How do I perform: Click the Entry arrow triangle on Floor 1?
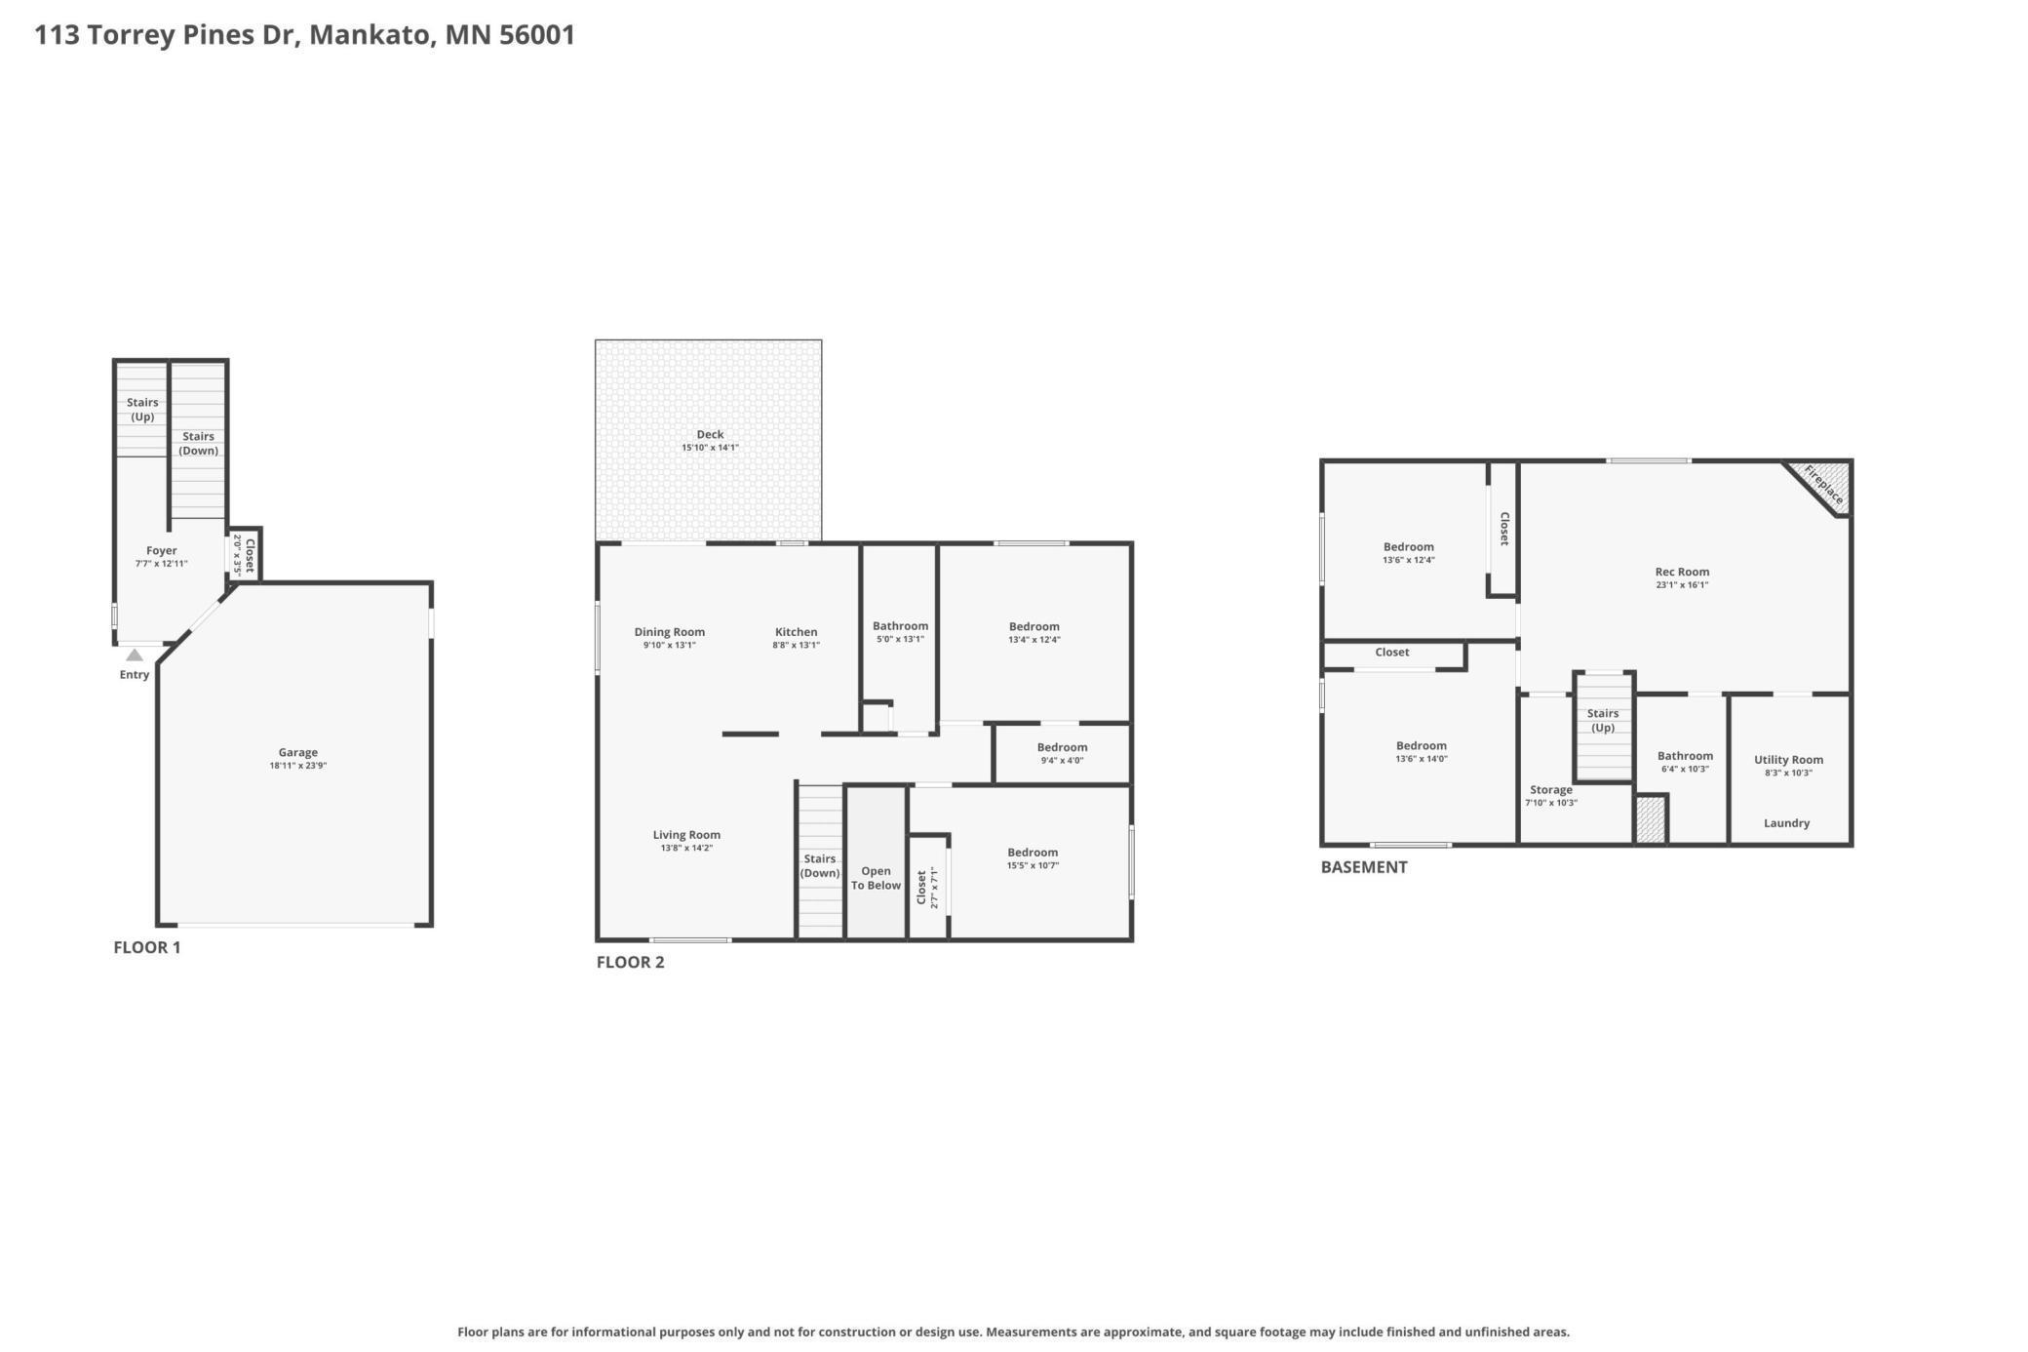coord(135,656)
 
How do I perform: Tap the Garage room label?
coord(297,752)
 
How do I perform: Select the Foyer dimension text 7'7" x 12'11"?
coord(161,564)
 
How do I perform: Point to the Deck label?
coord(710,435)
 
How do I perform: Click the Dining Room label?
coord(669,632)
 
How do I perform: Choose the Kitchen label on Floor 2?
coord(796,632)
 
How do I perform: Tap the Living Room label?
coord(686,835)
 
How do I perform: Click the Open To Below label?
coord(876,878)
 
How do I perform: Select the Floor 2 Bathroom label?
coord(900,626)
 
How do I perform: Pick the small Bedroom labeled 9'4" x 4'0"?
coord(1062,748)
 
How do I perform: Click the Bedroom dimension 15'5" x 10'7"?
coord(1033,865)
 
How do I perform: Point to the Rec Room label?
coord(1682,573)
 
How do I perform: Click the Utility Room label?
coord(1788,760)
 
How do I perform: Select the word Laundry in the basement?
coord(1786,823)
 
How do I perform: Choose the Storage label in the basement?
coord(1550,790)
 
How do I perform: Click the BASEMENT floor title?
coord(1363,867)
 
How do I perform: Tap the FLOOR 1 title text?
coord(146,947)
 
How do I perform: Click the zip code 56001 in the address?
coord(536,35)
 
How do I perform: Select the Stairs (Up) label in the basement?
coord(1602,720)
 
